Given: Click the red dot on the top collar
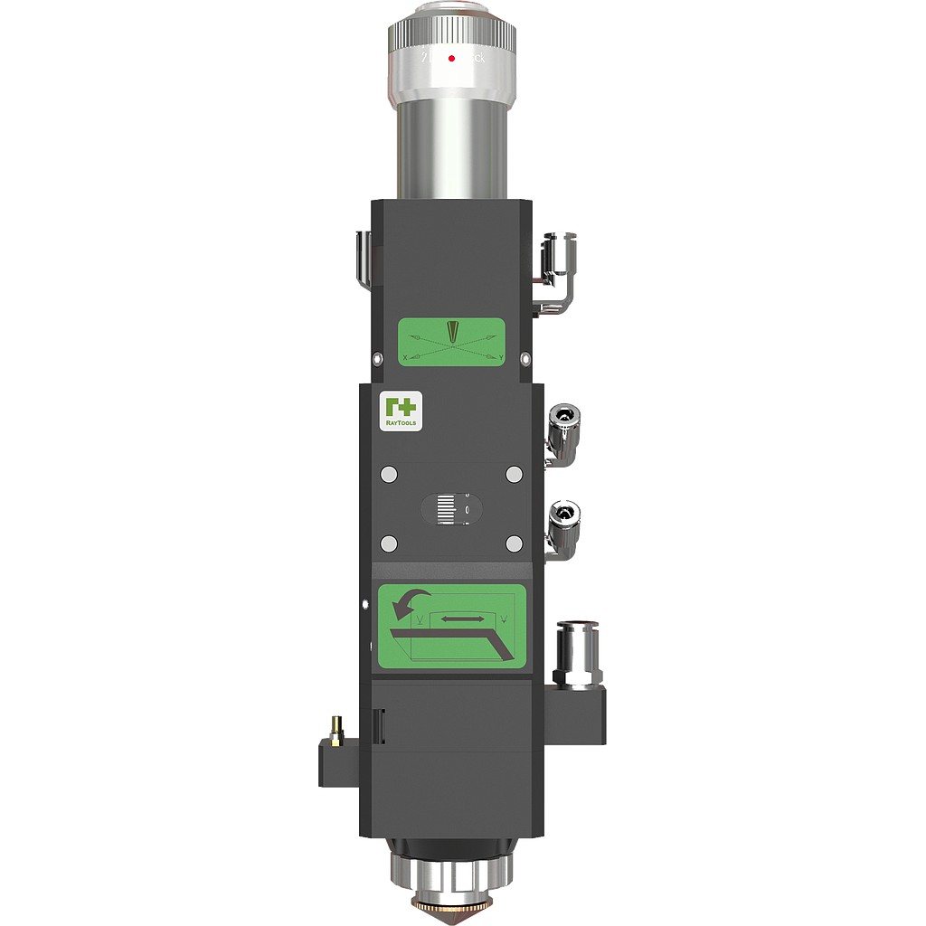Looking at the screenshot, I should [x=451, y=57].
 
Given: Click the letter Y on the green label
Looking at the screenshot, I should [x=500, y=359].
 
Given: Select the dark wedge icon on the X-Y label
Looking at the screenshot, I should [x=452, y=333].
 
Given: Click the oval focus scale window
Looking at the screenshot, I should [x=452, y=509].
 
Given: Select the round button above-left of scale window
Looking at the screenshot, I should [x=390, y=475].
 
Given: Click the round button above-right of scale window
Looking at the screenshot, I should [x=515, y=475].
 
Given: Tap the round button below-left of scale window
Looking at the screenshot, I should [x=390, y=543].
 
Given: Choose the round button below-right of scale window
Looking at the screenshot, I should [x=515, y=543].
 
